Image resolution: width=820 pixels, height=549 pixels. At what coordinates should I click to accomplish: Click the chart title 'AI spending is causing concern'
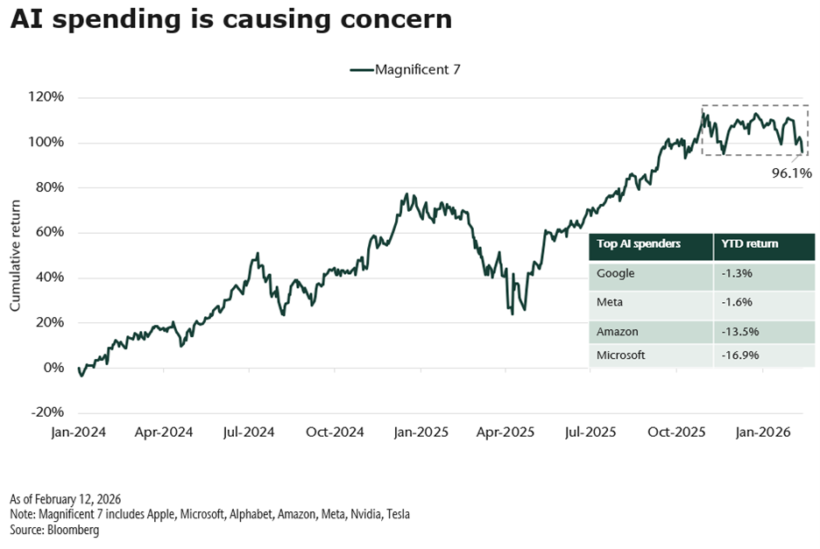pyautogui.click(x=231, y=20)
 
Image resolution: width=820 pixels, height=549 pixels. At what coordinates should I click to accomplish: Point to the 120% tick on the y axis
pyautogui.click(x=47, y=96)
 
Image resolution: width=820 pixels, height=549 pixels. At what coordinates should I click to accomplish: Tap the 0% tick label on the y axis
pyautogui.click(x=54, y=368)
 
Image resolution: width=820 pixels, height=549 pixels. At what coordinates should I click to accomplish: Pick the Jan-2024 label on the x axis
pyautogui.click(x=78, y=433)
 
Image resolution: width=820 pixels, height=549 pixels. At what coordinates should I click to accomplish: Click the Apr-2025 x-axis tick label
pyautogui.click(x=506, y=433)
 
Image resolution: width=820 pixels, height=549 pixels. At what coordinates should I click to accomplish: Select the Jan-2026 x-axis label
pyautogui.click(x=763, y=433)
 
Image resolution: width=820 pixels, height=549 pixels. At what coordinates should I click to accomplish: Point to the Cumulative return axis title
pyautogui.click(x=16, y=254)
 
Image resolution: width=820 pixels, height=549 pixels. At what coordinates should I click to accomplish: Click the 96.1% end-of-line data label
pyautogui.click(x=792, y=172)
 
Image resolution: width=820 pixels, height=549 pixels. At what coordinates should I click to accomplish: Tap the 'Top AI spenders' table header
pyautogui.click(x=638, y=244)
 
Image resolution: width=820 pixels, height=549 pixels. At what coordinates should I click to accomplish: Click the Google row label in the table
pyautogui.click(x=616, y=273)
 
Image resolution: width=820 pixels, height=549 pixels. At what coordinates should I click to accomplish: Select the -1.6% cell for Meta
pyautogui.click(x=738, y=302)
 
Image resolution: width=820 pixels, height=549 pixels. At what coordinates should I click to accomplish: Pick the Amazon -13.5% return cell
pyautogui.click(x=741, y=332)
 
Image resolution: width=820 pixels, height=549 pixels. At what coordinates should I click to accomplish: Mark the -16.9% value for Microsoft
pyautogui.click(x=741, y=355)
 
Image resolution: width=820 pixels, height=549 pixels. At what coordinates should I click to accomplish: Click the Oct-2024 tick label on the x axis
pyautogui.click(x=335, y=433)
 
